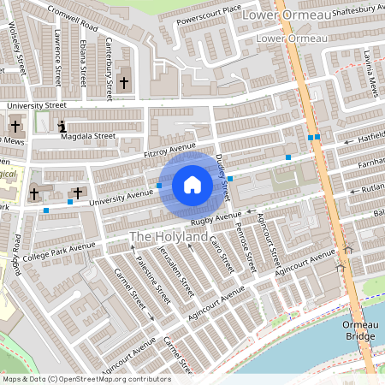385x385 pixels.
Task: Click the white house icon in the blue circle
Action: point(192,184)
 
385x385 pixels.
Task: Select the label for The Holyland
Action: point(169,235)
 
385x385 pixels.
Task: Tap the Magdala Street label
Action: point(92,135)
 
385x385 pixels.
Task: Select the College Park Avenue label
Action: point(59,249)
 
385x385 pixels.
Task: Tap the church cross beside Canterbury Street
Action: point(125,83)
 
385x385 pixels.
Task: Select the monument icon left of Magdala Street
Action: point(62,127)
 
